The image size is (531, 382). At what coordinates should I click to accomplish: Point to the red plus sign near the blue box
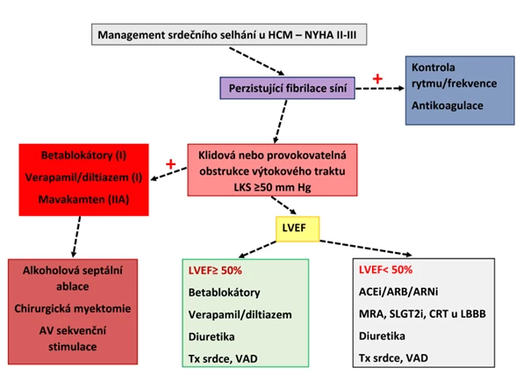tap(378, 80)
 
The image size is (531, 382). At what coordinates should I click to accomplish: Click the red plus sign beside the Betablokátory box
tap(170, 164)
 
